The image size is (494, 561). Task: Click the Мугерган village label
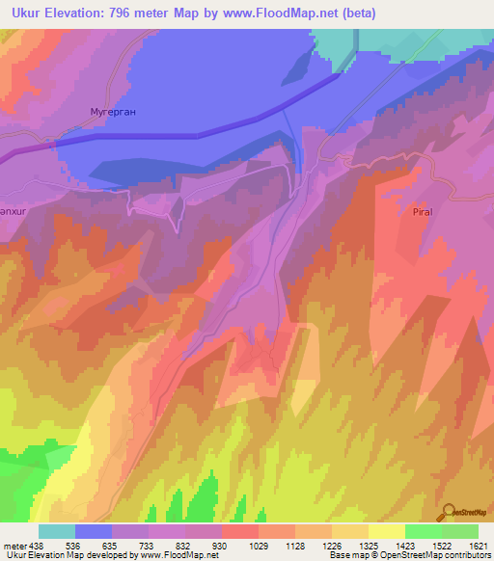[x=113, y=112]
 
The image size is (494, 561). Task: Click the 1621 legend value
[x=478, y=545]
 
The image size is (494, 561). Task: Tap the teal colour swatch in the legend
[x=57, y=531]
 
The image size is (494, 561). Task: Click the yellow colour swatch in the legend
[x=387, y=531]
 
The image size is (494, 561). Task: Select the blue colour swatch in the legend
[x=94, y=531]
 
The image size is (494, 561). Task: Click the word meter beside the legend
[x=14, y=545]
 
